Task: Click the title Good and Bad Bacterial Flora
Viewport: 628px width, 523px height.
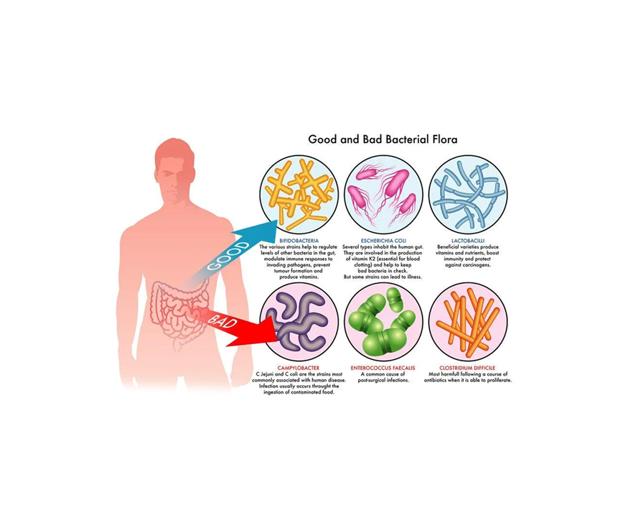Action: [x=383, y=139]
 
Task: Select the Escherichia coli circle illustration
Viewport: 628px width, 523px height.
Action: [x=383, y=193]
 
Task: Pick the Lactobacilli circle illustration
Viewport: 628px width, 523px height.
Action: [x=468, y=193]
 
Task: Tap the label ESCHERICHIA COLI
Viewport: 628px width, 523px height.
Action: [x=383, y=241]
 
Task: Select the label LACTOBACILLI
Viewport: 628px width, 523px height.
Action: [x=468, y=241]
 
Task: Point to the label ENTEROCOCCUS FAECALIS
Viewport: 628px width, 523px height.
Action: [x=383, y=368]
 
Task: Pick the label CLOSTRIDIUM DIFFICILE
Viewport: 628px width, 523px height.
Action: [x=468, y=368]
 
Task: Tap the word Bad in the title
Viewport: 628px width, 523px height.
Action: [x=370, y=139]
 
